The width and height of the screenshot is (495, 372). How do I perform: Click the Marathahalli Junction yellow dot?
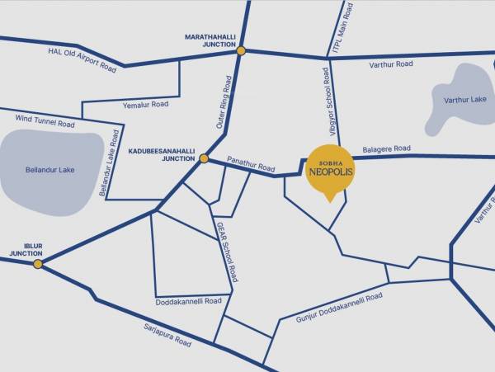pos(241,51)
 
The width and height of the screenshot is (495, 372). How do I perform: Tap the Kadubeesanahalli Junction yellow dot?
pos(204,158)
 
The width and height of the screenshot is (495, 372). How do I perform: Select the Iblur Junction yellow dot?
pos(37,264)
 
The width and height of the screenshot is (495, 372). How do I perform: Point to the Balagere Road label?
pos(386,148)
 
